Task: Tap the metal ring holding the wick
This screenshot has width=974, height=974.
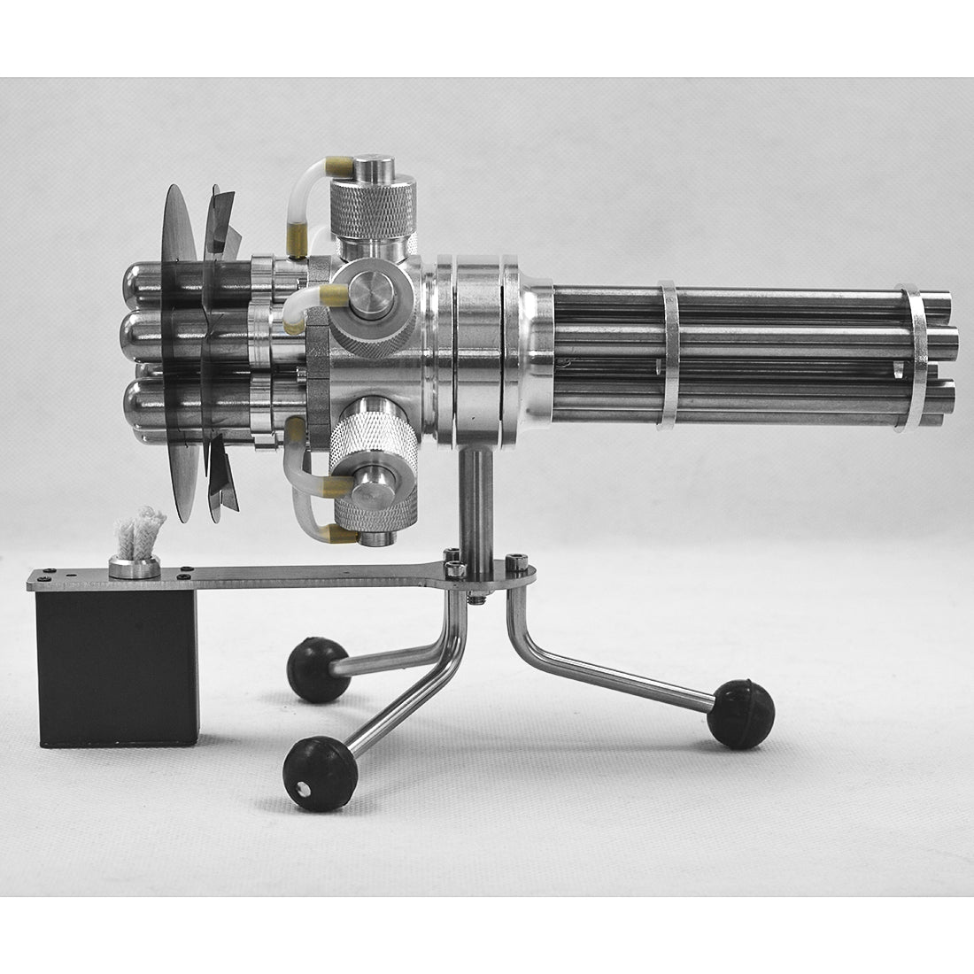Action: coord(134,568)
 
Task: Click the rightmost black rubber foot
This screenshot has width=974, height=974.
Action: coord(740,714)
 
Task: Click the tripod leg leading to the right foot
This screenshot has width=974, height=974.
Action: coord(611,665)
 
